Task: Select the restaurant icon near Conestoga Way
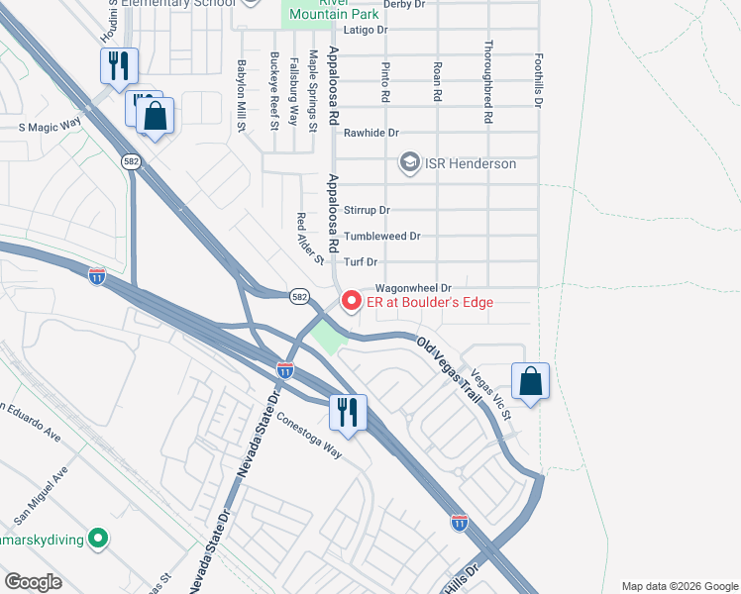tap(347, 411)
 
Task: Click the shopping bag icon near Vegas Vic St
tap(530, 381)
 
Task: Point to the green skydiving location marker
tap(97, 539)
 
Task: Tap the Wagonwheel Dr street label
tap(412, 286)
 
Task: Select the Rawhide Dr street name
tap(370, 133)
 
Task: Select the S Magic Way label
tap(50, 126)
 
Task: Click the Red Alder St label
tap(310, 239)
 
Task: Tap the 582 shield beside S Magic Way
tap(131, 160)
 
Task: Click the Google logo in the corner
tap(33, 582)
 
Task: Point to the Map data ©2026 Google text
tap(678, 586)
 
